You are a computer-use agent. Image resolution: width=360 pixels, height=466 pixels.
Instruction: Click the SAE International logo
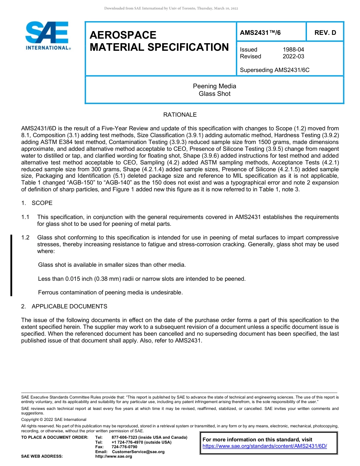(x=47, y=36)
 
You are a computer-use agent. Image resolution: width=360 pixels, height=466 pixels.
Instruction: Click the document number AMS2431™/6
(x=260, y=33)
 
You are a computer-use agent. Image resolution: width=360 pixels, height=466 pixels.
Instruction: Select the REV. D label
(x=325, y=33)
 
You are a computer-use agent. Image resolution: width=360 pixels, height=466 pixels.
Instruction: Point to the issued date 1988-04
(x=293, y=50)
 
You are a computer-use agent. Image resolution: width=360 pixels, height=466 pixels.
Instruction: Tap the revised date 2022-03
(x=293, y=56)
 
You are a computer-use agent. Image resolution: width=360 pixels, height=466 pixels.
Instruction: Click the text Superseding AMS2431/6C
(x=274, y=70)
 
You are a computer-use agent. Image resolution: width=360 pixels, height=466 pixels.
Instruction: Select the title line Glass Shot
(x=214, y=94)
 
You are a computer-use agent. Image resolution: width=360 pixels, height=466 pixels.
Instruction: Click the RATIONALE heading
(x=180, y=115)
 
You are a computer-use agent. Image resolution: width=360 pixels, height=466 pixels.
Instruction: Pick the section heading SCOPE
(x=42, y=203)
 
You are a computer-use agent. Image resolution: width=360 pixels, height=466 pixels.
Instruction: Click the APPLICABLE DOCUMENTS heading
(x=69, y=306)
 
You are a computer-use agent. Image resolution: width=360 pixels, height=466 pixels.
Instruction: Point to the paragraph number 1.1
(x=25, y=217)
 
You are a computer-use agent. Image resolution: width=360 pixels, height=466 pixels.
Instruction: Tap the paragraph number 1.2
(x=25, y=238)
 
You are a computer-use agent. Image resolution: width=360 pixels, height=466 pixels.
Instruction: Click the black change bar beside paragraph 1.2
(x=11, y=265)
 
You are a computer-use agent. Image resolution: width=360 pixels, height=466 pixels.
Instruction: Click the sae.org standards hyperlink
(x=265, y=446)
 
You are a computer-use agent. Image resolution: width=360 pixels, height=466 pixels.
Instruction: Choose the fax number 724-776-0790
(x=124, y=447)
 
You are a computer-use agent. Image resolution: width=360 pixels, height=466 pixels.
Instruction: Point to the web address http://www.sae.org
(x=113, y=457)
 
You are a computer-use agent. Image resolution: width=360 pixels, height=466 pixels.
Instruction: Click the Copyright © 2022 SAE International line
(x=54, y=420)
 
